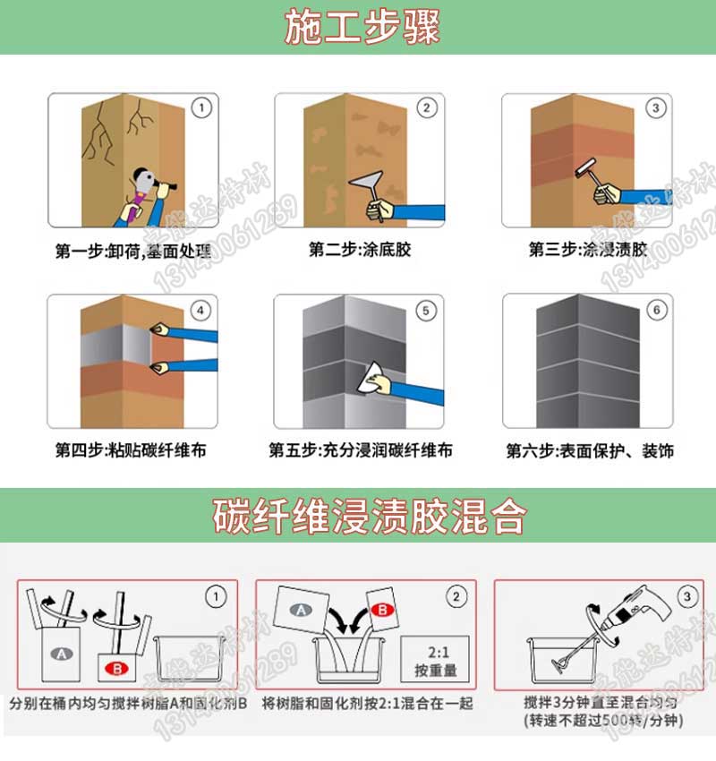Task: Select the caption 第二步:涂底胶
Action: pos(360,250)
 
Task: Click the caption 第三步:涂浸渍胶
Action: pos(587,250)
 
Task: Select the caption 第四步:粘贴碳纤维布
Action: pos(131,450)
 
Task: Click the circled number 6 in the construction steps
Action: pos(658,311)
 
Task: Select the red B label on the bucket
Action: pos(118,668)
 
